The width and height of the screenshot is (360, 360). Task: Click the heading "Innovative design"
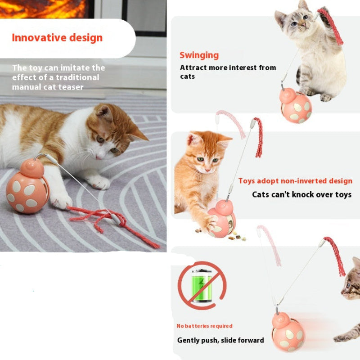[x=57, y=38]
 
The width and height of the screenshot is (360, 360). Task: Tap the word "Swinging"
[x=199, y=55]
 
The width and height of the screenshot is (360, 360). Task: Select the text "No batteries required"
[x=204, y=326]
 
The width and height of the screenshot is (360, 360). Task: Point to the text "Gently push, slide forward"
[x=220, y=340]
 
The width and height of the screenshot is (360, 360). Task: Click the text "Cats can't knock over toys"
[x=301, y=194]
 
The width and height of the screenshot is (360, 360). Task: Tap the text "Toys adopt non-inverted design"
[x=295, y=181]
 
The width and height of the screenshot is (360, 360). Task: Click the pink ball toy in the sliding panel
[x=288, y=333]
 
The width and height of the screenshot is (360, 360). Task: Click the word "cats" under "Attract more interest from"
[x=187, y=76]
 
